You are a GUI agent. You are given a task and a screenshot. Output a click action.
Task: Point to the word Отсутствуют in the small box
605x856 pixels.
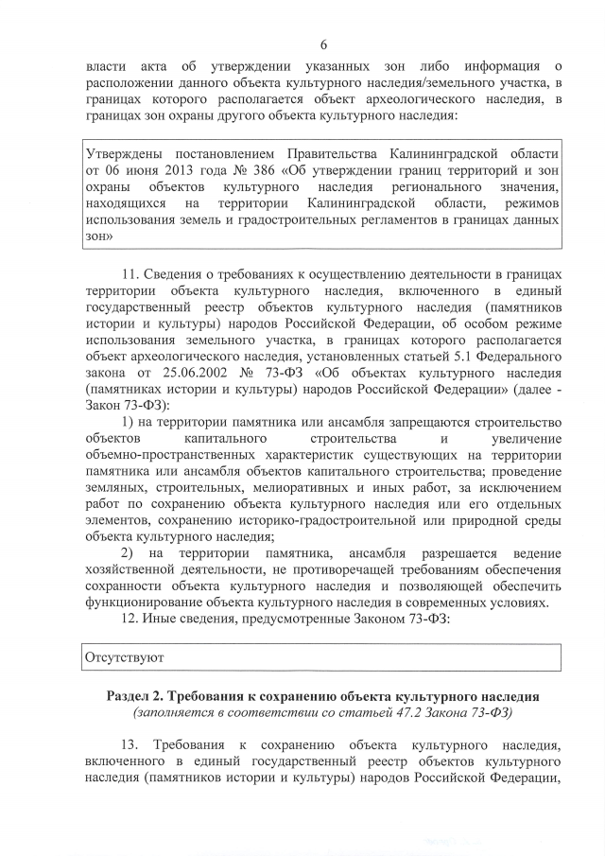125,655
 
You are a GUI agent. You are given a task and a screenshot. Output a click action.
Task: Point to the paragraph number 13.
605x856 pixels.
134,744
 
